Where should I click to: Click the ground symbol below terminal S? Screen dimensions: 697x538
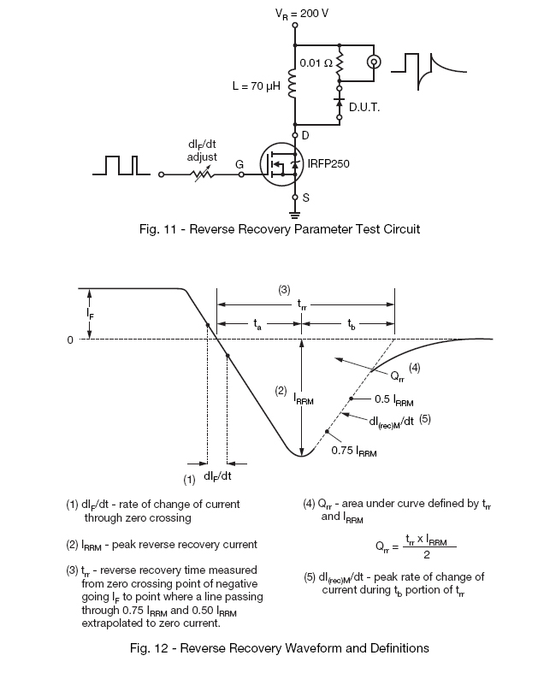295,213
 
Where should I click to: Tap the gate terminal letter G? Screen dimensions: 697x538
239,162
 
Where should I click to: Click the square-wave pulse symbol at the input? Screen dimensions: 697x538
120,165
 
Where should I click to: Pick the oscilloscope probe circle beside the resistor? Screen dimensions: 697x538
374,62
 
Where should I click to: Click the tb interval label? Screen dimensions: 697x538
350,324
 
